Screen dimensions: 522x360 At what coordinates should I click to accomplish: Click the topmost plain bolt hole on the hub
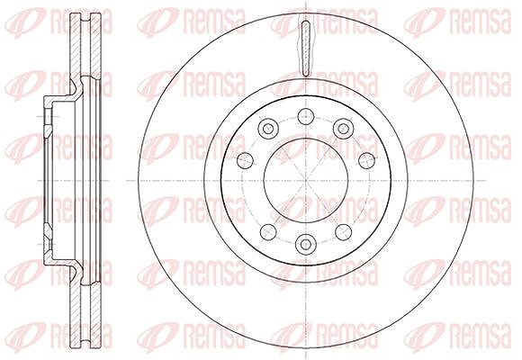click(x=306, y=116)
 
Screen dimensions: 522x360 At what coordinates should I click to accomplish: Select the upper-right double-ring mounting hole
click(x=343, y=128)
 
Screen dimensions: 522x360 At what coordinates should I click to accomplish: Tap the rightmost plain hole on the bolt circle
click(x=366, y=160)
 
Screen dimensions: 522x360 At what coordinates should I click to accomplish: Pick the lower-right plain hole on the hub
click(x=343, y=232)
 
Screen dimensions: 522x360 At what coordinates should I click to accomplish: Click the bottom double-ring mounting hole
click(x=306, y=244)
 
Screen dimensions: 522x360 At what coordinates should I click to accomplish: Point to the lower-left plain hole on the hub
click(x=268, y=232)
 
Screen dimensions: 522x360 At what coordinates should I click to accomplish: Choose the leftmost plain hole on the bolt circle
click(x=245, y=160)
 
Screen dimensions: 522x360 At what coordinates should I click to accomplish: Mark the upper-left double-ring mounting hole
click(x=268, y=128)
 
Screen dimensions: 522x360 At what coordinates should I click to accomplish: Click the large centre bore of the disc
click(x=306, y=181)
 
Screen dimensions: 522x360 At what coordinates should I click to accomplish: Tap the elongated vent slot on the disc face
click(x=306, y=49)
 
